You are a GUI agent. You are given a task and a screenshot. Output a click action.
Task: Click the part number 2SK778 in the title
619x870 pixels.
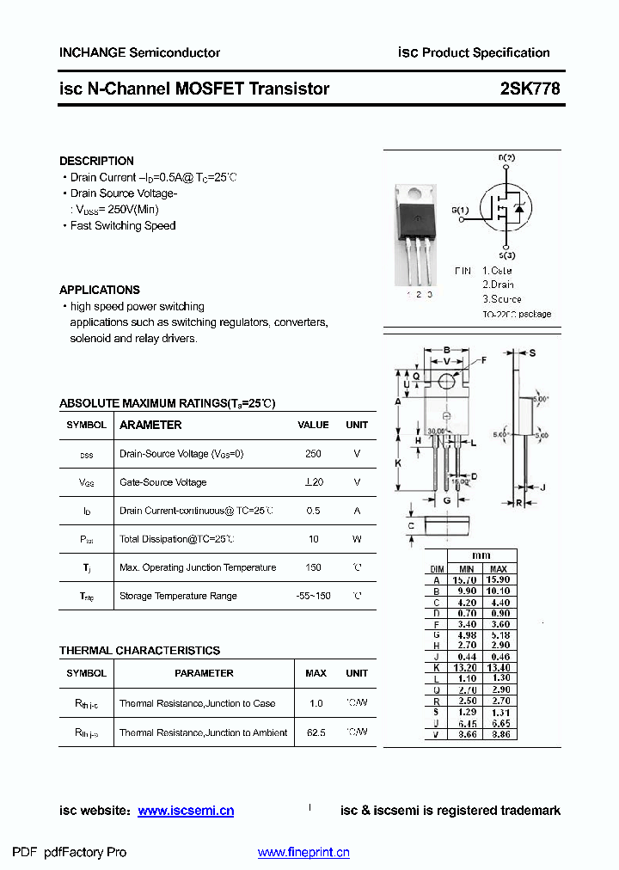coord(530,89)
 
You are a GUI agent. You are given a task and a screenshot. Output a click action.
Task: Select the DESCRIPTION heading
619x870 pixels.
coord(96,161)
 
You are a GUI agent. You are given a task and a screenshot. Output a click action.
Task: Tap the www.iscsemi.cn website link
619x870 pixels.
coord(186,811)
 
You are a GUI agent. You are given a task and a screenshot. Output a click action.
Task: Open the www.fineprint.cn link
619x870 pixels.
coord(303,853)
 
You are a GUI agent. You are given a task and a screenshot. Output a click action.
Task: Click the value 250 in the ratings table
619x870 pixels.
coord(313,454)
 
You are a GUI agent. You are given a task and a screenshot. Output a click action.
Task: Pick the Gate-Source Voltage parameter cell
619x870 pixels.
coord(163,482)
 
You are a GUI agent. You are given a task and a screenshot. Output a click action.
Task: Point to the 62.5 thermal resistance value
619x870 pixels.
coord(316,732)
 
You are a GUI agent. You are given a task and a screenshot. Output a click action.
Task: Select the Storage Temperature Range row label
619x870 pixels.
coord(178,596)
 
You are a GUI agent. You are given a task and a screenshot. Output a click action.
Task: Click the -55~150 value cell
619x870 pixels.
coord(313,596)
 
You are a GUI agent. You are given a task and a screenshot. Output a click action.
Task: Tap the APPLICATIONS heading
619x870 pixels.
coord(100,290)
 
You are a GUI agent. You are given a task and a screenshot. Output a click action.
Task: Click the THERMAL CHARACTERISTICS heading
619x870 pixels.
coord(139,651)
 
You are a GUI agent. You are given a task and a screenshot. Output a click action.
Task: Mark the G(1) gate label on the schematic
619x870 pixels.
coord(460,210)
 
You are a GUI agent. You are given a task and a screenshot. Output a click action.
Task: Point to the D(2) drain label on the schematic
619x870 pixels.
coord(506,158)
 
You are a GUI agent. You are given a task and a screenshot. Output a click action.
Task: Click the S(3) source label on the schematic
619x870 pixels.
coord(506,255)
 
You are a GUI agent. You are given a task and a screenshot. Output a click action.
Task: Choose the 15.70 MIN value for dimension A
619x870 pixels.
coord(466,580)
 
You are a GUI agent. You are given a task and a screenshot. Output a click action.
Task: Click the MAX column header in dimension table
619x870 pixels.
coord(499,569)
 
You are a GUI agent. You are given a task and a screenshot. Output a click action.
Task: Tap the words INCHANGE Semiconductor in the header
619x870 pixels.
coord(139,52)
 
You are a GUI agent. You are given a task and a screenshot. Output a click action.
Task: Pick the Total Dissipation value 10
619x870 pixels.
coord(313,539)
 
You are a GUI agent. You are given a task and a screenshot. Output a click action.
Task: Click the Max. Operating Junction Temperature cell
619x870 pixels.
coord(198,567)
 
